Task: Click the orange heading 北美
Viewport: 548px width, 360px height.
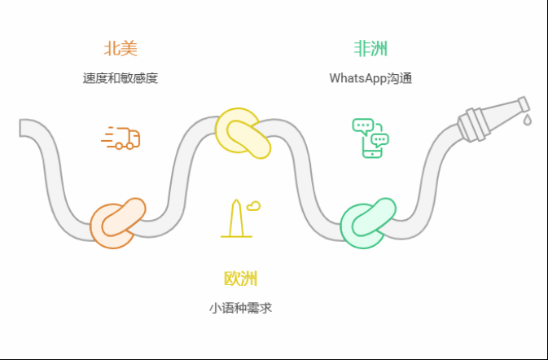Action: tap(120, 49)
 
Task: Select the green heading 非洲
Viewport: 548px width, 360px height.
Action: tap(370, 49)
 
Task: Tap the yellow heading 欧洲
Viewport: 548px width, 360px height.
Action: tap(240, 279)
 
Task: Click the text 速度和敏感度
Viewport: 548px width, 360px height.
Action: tap(120, 79)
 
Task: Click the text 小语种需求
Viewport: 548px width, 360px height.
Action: tap(240, 309)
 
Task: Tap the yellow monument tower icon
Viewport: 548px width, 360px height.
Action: tap(235, 218)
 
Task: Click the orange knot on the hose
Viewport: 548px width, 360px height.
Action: tap(116, 223)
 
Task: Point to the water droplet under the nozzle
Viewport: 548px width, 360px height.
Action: tap(527, 120)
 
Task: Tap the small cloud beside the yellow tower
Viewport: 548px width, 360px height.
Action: tap(254, 205)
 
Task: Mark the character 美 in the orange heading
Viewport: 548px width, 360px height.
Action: tap(129, 49)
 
